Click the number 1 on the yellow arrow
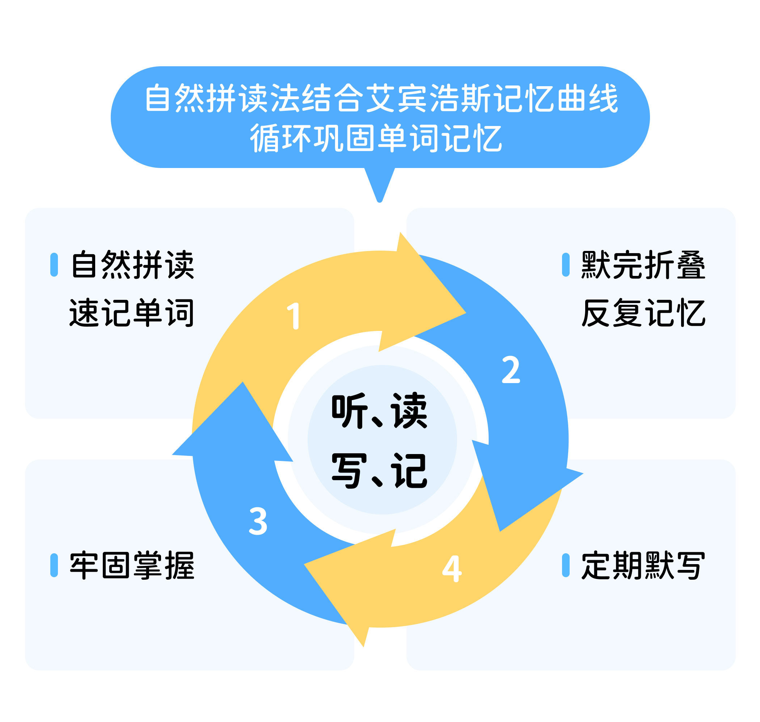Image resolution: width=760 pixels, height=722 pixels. click(x=294, y=316)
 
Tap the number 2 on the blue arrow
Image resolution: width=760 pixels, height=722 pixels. click(x=511, y=369)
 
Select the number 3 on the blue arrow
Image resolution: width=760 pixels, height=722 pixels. click(x=258, y=521)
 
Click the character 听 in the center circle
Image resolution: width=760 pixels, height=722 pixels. click(x=349, y=411)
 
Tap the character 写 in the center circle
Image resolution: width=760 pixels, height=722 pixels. click(x=349, y=470)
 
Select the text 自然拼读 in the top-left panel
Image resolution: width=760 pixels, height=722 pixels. click(x=133, y=264)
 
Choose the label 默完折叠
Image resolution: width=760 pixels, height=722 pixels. click(x=643, y=264)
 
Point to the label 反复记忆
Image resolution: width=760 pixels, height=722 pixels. click(x=643, y=312)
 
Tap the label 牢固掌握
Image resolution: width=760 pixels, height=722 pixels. click(x=132, y=565)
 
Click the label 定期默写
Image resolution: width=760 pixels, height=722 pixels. click(x=643, y=565)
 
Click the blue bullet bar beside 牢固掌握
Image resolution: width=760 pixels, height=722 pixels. click(x=54, y=565)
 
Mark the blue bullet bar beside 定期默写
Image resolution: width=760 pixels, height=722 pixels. click(x=565, y=565)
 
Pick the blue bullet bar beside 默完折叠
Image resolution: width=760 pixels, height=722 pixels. click(x=565, y=264)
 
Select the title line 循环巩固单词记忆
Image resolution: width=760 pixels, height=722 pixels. click(x=376, y=138)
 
